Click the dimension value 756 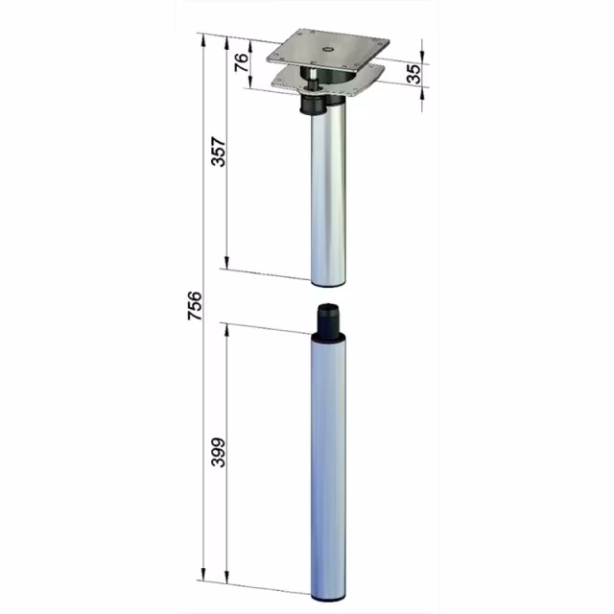click(195, 306)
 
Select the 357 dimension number click(219, 152)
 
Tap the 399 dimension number click(219, 452)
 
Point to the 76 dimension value click(242, 62)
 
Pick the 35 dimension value click(413, 74)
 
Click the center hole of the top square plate click(327, 49)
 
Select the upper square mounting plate click(328, 50)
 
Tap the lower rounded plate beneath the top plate click(328, 81)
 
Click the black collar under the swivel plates click(312, 106)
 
